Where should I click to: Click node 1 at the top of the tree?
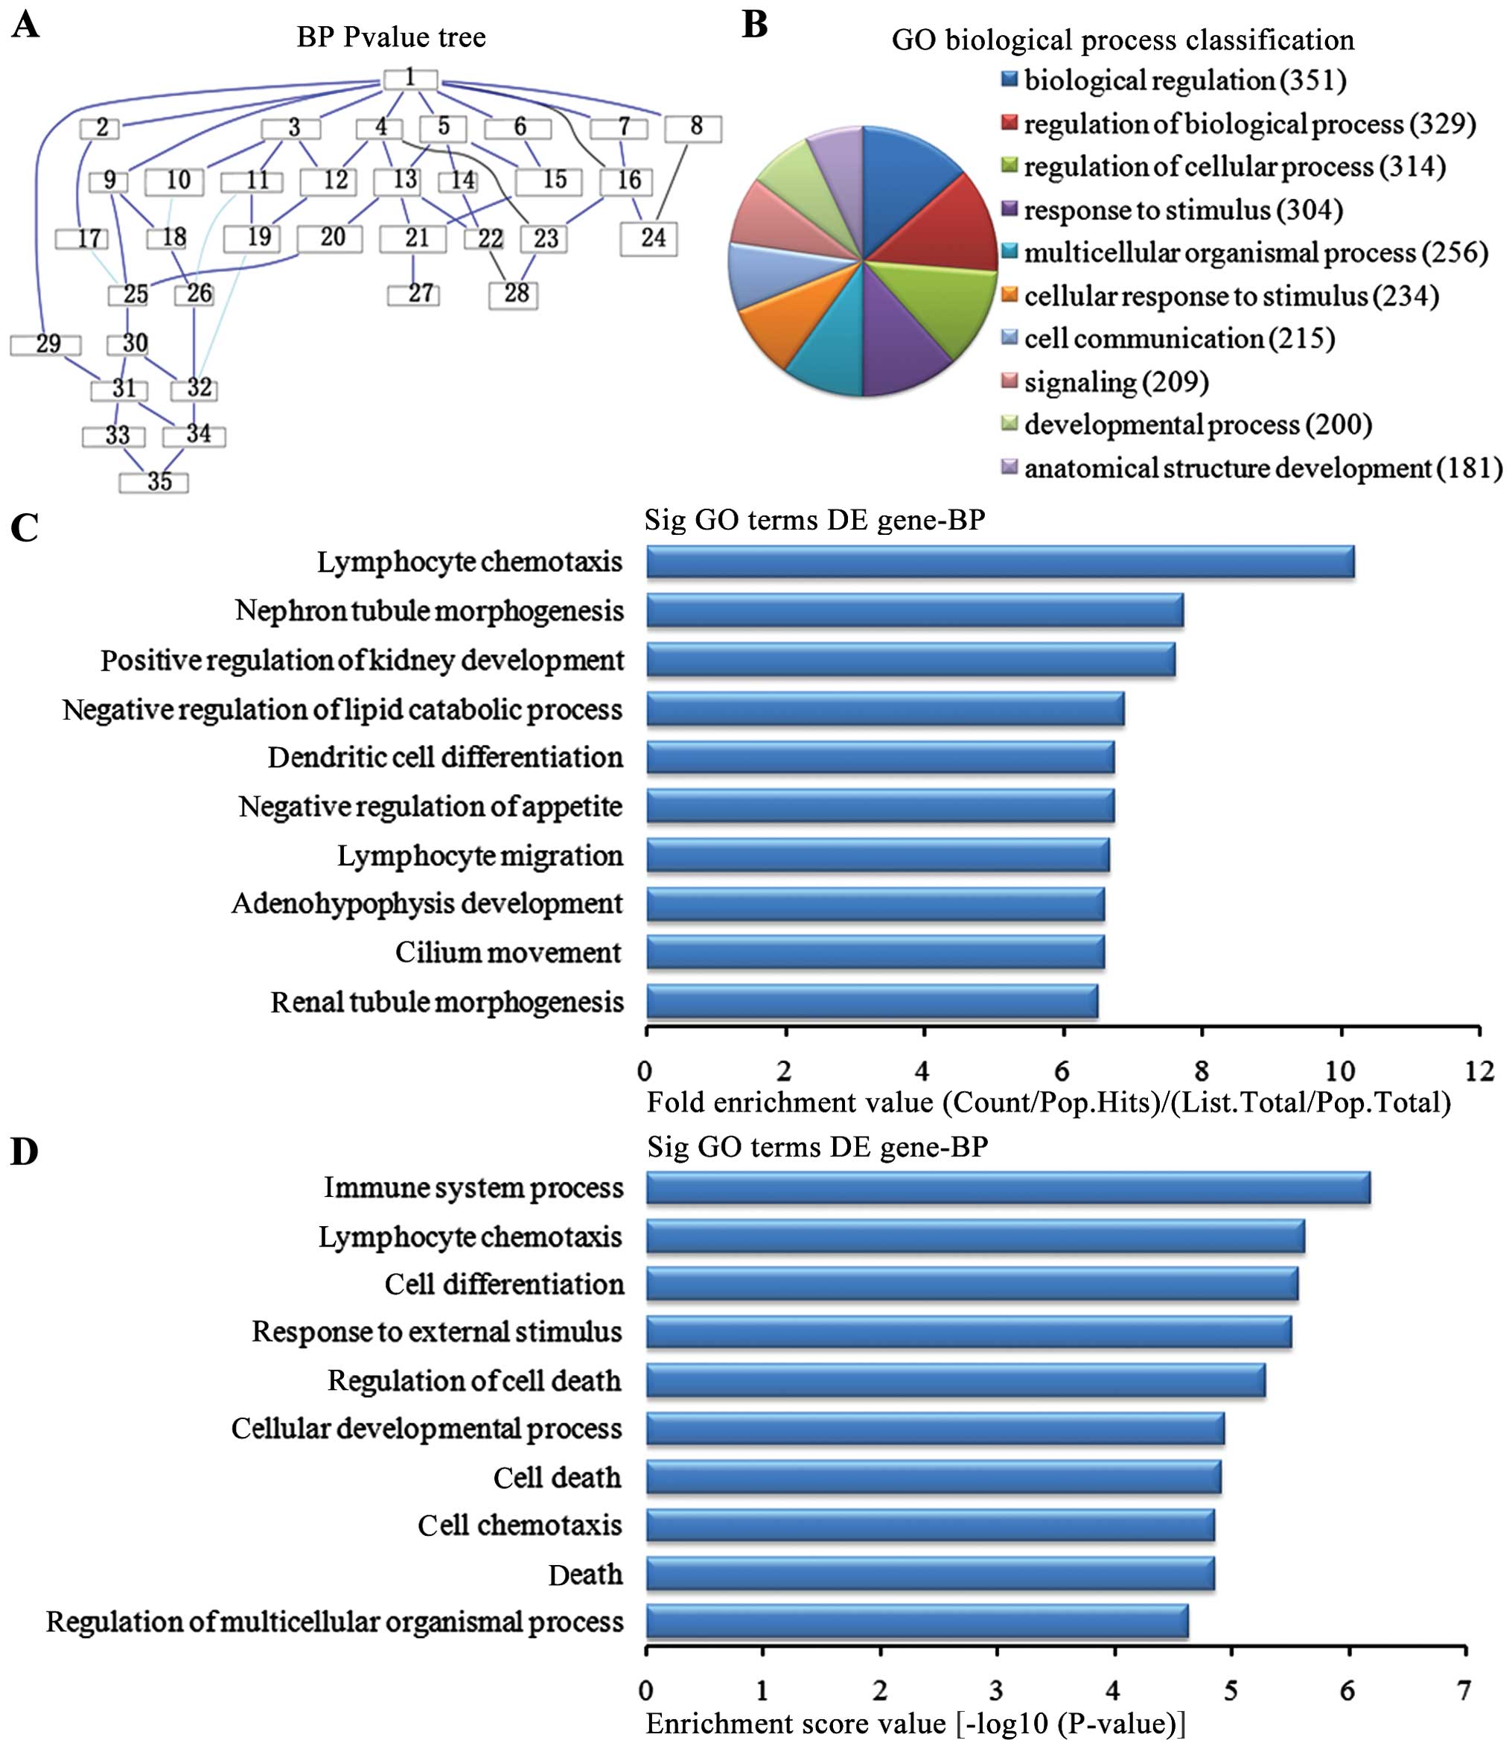coord(410,78)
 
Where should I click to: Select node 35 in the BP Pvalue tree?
coord(153,482)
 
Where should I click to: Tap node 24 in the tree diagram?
coord(649,238)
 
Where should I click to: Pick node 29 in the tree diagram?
coord(45,344)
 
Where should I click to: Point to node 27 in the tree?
coord(413,294)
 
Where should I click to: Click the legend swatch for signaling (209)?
coord(1009,381)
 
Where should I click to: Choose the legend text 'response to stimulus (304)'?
coord(1183,210)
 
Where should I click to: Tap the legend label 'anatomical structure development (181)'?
coord(1263,469)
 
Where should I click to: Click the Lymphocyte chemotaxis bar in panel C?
coord(1000,562)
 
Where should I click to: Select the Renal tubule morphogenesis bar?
coord(872,1002)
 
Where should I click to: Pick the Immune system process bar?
coord(1007,1187)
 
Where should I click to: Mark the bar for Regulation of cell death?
coord(955,1381)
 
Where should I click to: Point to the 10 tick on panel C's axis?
coord(1340,1070)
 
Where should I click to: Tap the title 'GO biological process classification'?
coord(1122,39)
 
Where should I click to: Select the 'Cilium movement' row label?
coord(508,953)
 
